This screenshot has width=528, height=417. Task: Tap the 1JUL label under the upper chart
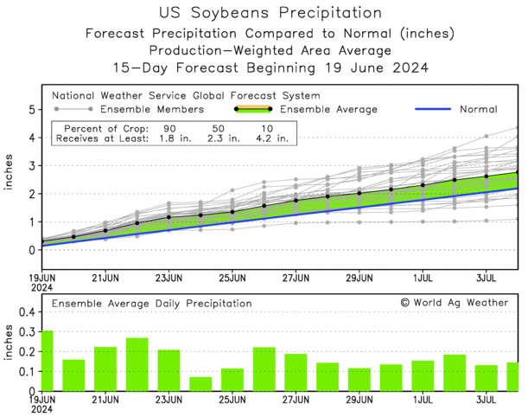tap(423, 278)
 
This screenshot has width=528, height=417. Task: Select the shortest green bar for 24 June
tap(200, 383)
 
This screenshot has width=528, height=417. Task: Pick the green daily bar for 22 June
tap(137, 364)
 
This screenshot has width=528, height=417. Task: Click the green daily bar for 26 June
tap(264, 369)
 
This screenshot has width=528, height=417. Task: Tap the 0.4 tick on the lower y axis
tap(27, 311)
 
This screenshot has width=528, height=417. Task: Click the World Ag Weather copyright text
tap(454, 303)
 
